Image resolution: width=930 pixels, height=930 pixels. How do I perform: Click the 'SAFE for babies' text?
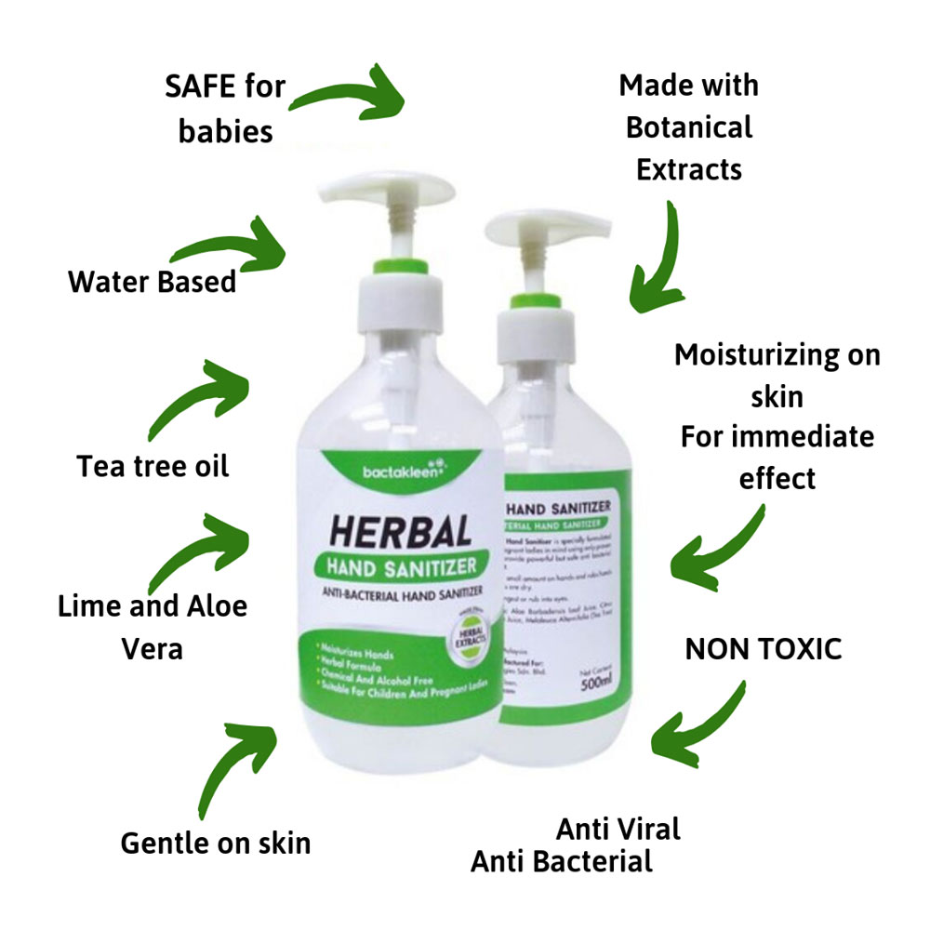click(225, 110)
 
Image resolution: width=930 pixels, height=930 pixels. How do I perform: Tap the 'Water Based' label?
click(153, 281)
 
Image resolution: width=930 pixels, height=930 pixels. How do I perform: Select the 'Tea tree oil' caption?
click(153, 465)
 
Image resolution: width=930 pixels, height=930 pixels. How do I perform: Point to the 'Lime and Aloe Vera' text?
click(153, 626)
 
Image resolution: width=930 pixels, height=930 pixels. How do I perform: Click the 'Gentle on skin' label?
click(215, 843)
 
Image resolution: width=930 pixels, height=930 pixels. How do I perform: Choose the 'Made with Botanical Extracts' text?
click(688, 127)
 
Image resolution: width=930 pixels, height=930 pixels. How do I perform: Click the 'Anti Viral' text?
click(618, 827)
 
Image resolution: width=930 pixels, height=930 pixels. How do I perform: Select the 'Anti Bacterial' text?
click(562, 861)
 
